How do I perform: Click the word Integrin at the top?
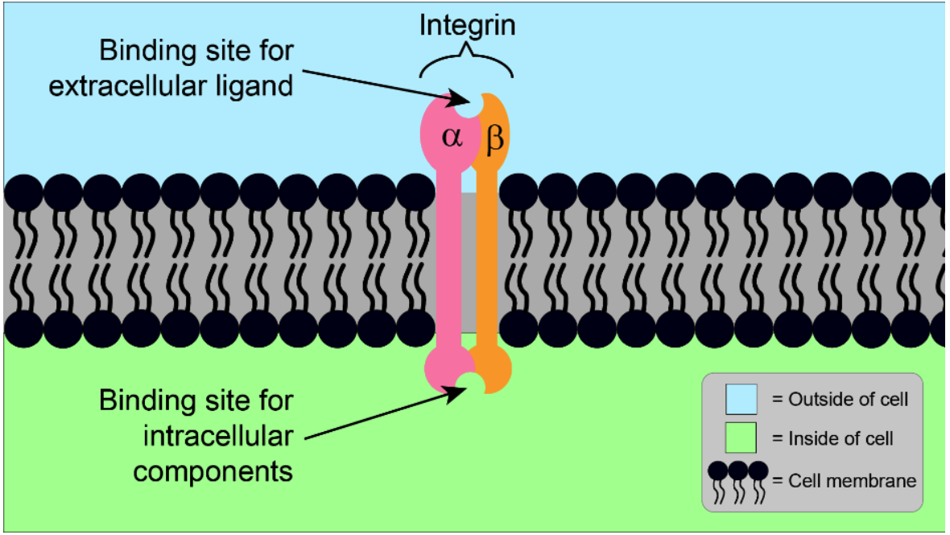click(x=467, y=27)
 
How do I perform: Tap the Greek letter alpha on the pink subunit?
click(x=452, y=136)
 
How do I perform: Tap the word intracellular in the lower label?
click(x=218, y=436)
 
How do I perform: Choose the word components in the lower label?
click(x=213, y=472)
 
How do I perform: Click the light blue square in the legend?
click(x=741, y=399)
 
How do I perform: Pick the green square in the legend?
click(x=741, y=438)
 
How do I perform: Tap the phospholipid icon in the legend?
click(x=738, y=483)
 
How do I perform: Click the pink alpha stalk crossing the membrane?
click(x=449, y=261)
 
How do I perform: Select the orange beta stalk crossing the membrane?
click(x=487, y=261)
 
